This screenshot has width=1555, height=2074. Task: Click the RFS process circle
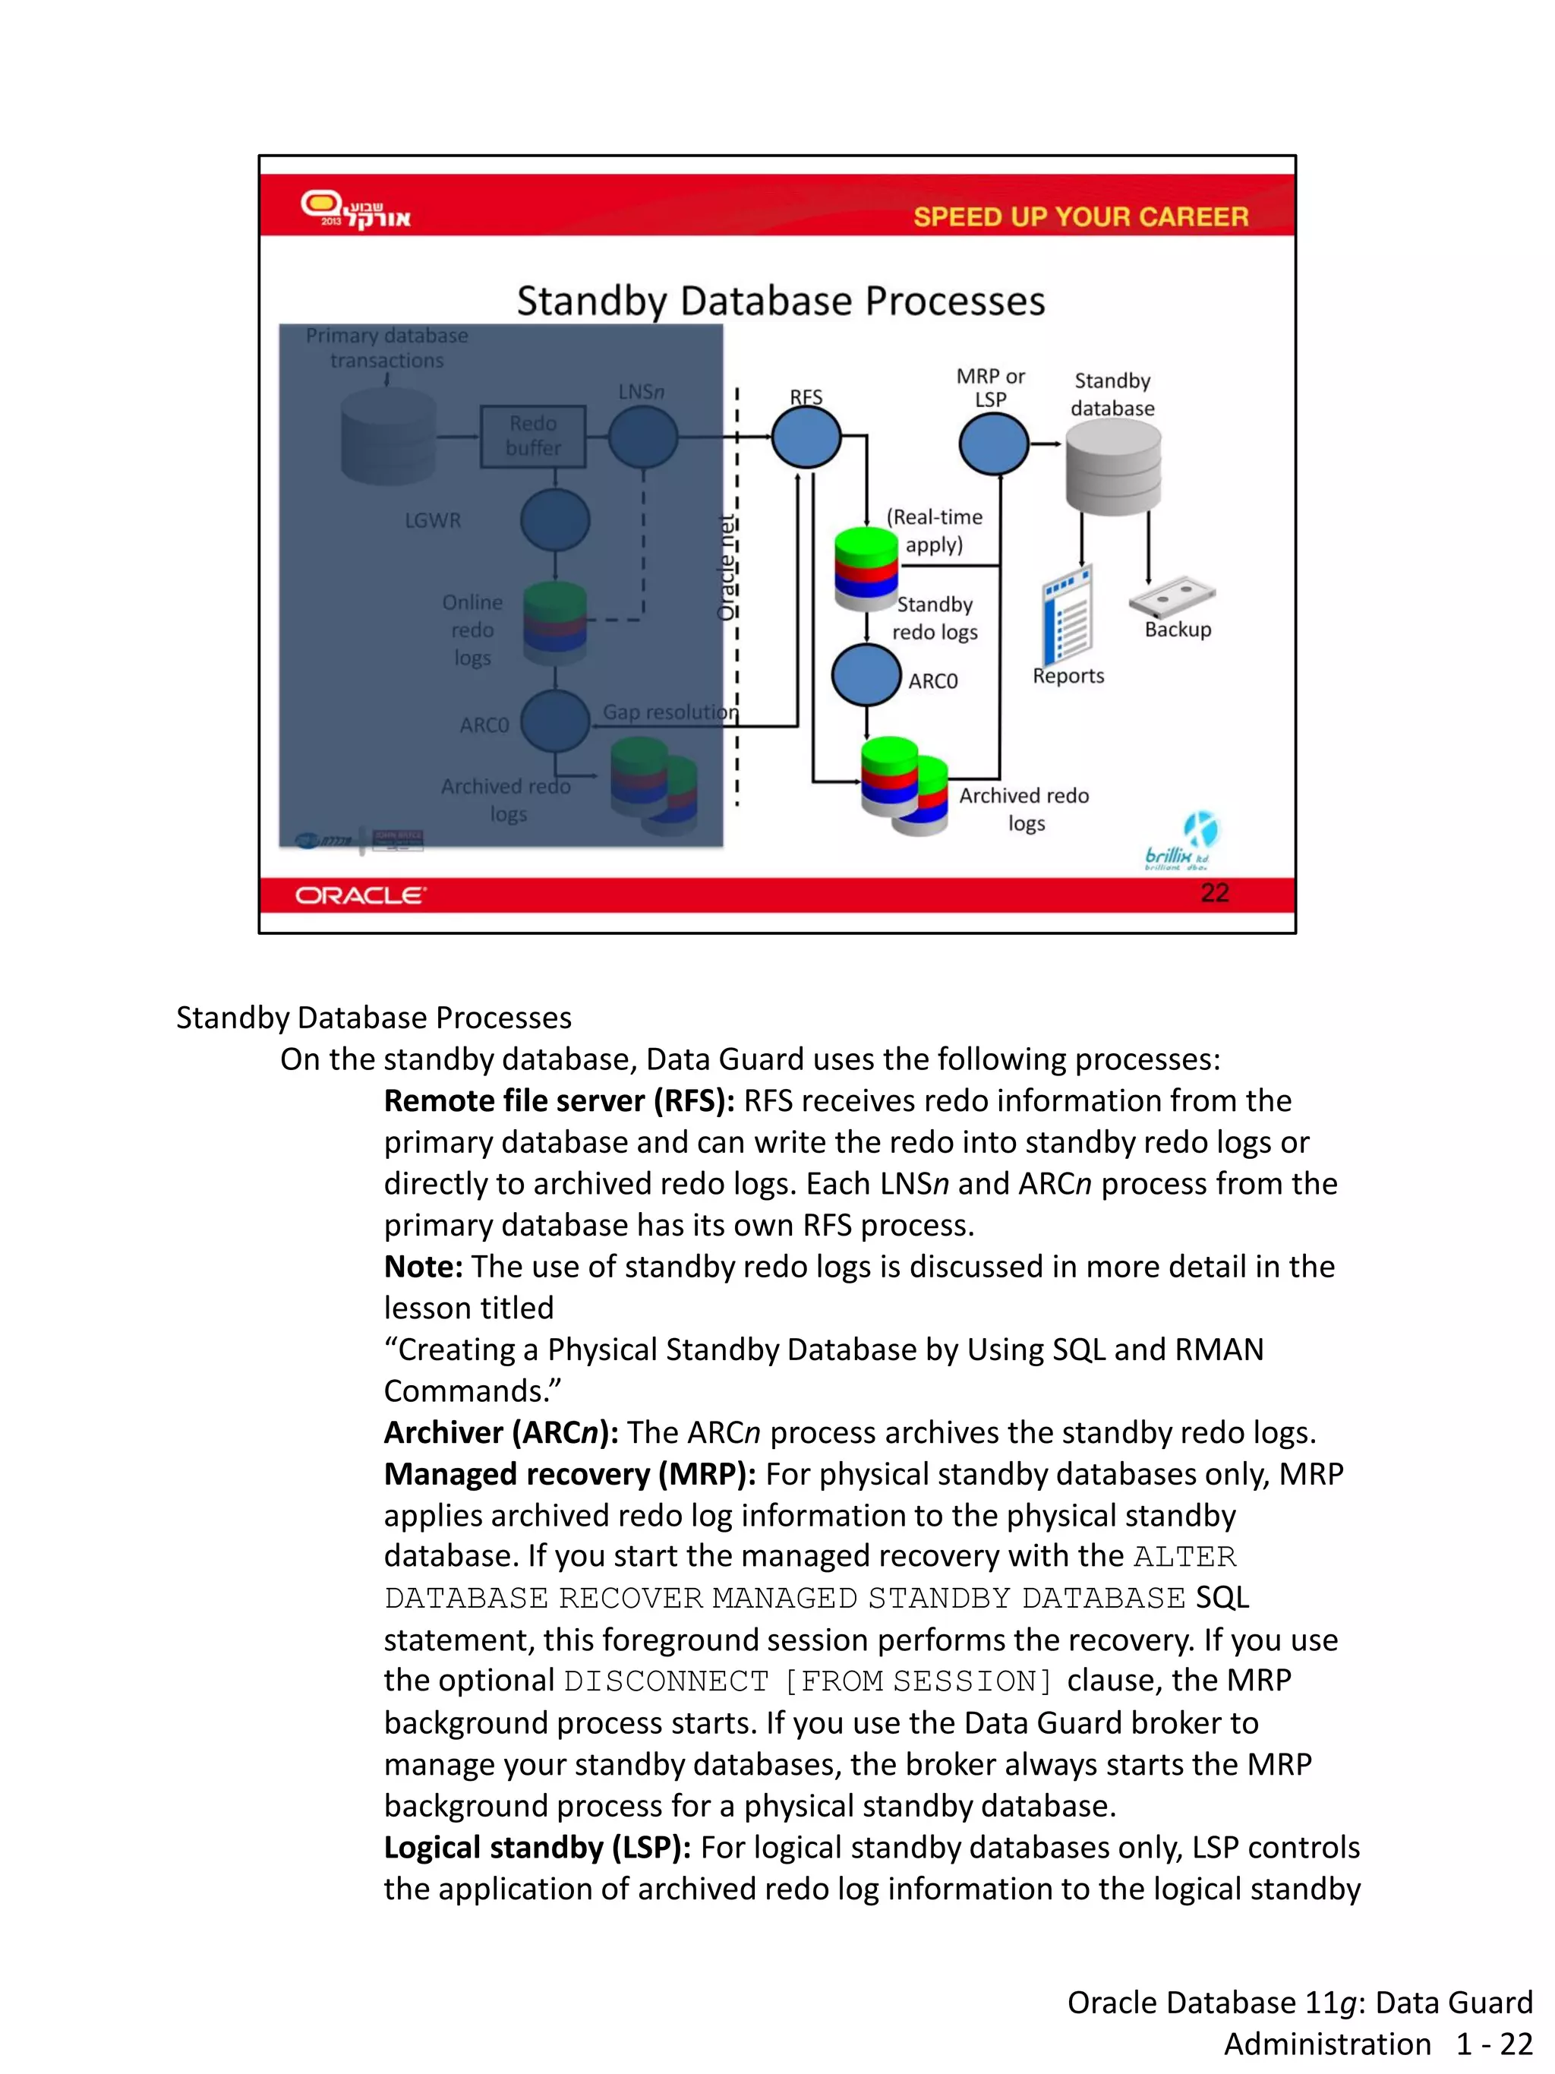point(805,438)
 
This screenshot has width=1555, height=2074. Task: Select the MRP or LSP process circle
point(994,444)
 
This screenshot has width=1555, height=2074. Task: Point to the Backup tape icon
point(1172,596)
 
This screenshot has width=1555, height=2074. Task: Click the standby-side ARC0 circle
point(866,675)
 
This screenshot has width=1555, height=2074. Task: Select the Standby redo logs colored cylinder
point(866,569)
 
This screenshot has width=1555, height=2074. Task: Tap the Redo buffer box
point(532,436)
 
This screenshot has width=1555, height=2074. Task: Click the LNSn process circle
point(643,438)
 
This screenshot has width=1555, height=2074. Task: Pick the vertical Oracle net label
point(725,568)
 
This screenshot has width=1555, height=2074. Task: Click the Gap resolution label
point(669,712)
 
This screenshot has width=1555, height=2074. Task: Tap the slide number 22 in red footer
point(1214,892)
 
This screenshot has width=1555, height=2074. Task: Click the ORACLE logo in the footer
point(360,895)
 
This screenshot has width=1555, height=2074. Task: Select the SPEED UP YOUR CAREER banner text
point(1080,216)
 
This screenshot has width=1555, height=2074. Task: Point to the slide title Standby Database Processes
point(780,301)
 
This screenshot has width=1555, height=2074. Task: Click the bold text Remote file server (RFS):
point(559,1100)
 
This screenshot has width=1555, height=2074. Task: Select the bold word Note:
point(423,1267)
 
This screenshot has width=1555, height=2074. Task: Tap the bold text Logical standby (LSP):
point(537,1847)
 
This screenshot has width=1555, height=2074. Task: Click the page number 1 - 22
point(1494,2044)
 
